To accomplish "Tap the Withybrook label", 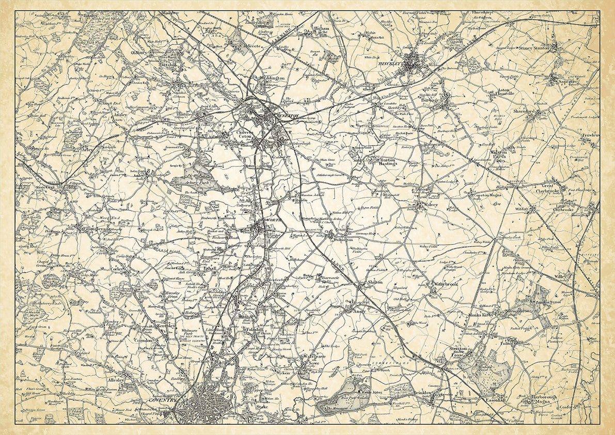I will pyautogui.click(x=445, y=284).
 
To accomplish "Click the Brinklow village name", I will pyautogui.click(x=427, y=392).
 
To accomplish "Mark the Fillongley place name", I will pyautogui.click(x=96, y=227).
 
